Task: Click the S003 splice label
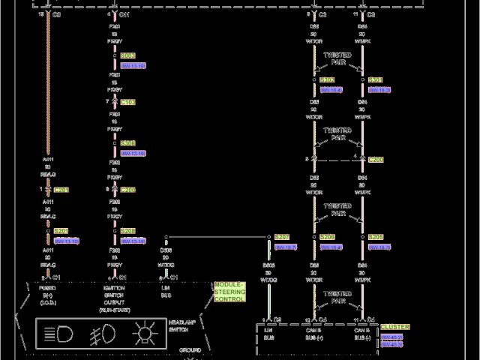pyautogui.click(x=127, y=56)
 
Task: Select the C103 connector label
pyautogui.click(x=127, y=102)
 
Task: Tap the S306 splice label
pyautogui.click(x=127, y=143)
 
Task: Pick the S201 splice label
pyautogui.click(x=61, y=231)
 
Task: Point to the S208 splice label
pyautogui.click(x=127, y=231)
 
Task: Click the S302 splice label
pyautogui.click(x=327, y=80)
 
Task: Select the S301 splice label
pyautogui.click(x=376, y=80)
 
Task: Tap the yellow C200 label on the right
pyautogui.click(x=376, y=160)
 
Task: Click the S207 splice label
pyautogui.click(x=281, y=237)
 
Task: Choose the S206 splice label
pyautogui.click(x=327, y=237)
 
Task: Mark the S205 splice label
pyautogui.click(x=376, y=237)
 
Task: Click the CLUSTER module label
pyautogui.click(x=395, y=327)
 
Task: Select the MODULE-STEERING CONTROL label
pyautogui.click(x=229, y=292)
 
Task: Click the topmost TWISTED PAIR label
pyautogui.click(x=337, y=59)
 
